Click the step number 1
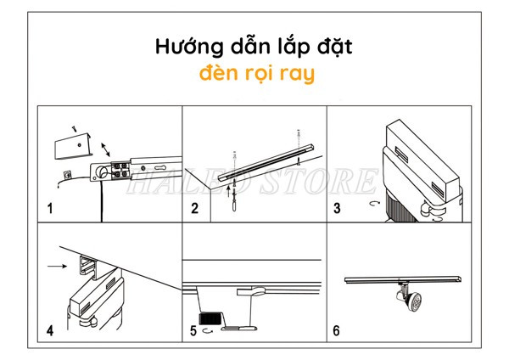pos(50,208)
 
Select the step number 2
pos(195,208)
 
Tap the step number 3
pos(337,208)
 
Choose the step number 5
pos(194,330)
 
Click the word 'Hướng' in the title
pos(187,46)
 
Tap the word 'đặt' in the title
pos(334,46)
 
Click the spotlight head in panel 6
pos(417,302)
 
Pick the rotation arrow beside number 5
pos(208,331)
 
